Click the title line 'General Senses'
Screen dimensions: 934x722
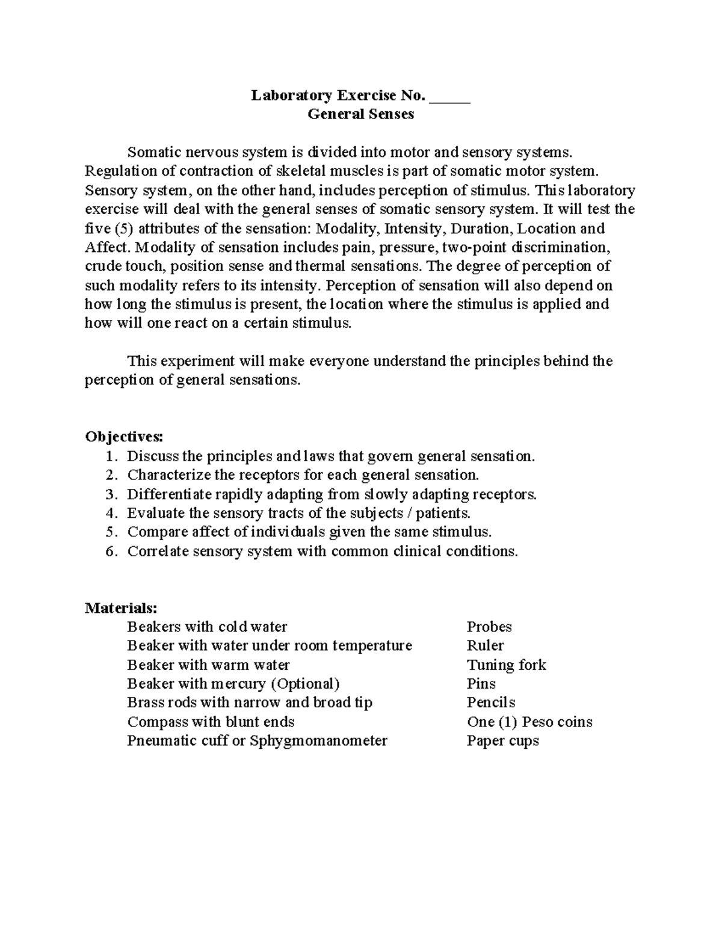point(360,114)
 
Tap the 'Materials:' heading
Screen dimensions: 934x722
point(121,607)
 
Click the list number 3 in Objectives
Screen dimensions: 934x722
point(110,494)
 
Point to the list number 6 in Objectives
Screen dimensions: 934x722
point(110,551)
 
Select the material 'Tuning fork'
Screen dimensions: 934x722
point(506,665)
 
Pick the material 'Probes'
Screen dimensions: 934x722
point(489,627)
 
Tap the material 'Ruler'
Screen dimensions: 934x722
point(485,646)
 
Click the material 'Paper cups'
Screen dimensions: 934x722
point(502,741)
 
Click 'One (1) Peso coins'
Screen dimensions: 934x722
point(529,722)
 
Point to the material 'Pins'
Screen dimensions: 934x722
point(481,684)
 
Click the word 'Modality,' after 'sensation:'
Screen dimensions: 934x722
point(348,229)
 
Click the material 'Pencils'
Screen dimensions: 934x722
point(491,703)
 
